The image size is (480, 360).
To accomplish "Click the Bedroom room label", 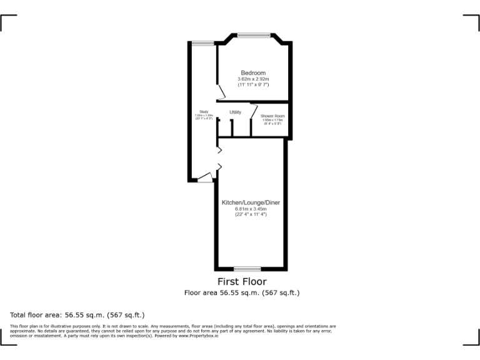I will (x=253, y=73).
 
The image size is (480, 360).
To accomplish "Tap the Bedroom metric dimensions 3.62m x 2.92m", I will (x=253, y=79).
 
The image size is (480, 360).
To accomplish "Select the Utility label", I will (x=235, y=112).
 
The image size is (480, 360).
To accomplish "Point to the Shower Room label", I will (x=272, y=116).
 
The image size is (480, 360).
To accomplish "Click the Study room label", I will (x=204, y=112).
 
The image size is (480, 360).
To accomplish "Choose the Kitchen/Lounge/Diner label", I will (x=251, y=203).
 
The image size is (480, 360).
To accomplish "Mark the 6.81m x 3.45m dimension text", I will (x=251, y=209).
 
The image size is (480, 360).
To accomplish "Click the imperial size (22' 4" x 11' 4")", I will (x=251, y=214).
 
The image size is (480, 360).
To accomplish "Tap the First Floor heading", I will (x=242, y=282).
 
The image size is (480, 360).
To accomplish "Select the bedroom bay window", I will (x=253, y=34).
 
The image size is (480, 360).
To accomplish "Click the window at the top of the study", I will (x=202, y=42).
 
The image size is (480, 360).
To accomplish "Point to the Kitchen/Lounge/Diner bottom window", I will (x=251, y=269).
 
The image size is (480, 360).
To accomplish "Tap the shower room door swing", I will (x=254, y=111).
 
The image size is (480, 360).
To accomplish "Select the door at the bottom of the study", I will (x=204, y=178).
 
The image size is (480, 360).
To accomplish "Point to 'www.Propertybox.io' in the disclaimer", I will (x=201, y=336).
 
